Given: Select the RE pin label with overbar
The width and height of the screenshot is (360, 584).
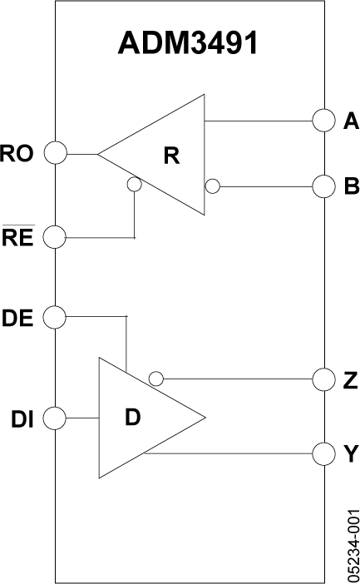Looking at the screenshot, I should coord(17,239).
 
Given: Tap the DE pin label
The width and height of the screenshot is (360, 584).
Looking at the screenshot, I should coord(18,317).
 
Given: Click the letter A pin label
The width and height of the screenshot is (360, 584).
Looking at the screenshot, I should coord(350,121).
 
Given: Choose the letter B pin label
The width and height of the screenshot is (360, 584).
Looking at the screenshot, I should coord(350,187).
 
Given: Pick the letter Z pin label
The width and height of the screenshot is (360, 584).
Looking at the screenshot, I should coord(350,379).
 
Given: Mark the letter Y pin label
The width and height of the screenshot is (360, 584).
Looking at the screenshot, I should coord(350,454).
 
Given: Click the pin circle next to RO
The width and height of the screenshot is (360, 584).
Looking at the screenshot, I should coord(55,153).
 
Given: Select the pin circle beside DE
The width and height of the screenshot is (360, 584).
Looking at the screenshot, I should coord(55,317).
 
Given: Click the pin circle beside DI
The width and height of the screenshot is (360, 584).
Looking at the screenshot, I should coord(55,417).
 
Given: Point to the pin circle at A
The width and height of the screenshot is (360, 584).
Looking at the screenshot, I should coord(323,121).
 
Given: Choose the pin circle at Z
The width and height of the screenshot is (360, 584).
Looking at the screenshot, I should coord(323,379).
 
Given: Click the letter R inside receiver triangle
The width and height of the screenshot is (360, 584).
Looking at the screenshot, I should coord(171,155).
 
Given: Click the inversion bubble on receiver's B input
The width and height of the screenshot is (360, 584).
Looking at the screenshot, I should coord(212,186).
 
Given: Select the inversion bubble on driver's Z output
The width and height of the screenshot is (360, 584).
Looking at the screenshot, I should coord(155,379).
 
